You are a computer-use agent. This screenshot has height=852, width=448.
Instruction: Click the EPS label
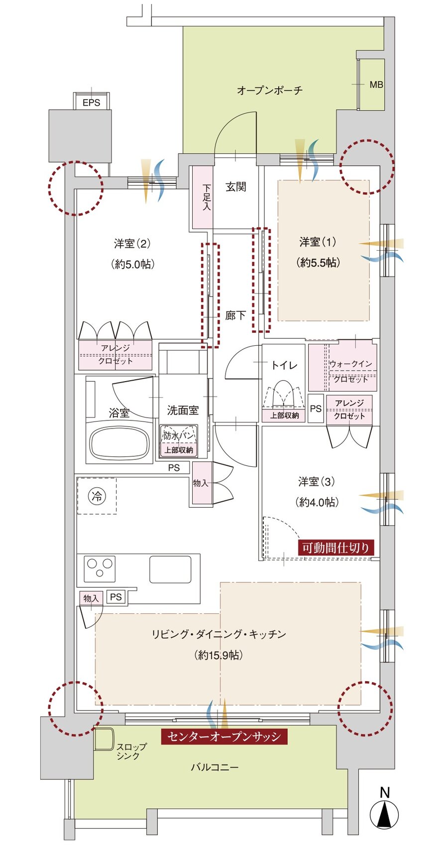[91, 103]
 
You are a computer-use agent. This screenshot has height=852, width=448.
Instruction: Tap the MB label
[376, 85]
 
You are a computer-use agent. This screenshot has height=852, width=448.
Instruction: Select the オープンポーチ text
[269, 90]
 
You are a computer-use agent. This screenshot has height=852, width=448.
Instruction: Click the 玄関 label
[235, 187]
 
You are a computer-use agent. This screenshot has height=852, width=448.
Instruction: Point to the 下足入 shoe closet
[203, 197]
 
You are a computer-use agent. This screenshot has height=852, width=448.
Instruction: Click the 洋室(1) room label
[318, 242]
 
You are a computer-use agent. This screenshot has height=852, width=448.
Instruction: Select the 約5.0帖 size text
[132, 264]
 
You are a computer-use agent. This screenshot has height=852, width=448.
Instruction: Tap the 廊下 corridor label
[235, 315]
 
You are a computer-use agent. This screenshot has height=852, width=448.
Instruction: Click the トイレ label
[284, 365]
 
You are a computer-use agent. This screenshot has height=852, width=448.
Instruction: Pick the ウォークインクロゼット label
[350, 371]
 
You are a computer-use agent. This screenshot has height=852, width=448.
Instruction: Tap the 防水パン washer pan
[179, 435]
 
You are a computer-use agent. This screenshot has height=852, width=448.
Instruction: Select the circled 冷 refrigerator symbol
[97, 496]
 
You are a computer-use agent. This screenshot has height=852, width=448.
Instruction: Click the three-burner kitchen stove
[100, 568]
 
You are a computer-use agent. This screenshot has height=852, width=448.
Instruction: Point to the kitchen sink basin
[170, 568]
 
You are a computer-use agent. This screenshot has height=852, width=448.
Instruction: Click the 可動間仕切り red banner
[336, 548]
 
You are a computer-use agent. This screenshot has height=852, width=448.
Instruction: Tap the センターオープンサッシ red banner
[224, 736]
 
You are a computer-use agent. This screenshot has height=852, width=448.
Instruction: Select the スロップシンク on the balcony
[104, 739]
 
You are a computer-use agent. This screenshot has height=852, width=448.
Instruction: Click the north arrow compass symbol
[384, 815]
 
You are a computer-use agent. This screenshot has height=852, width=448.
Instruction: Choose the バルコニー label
[215, 767]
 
